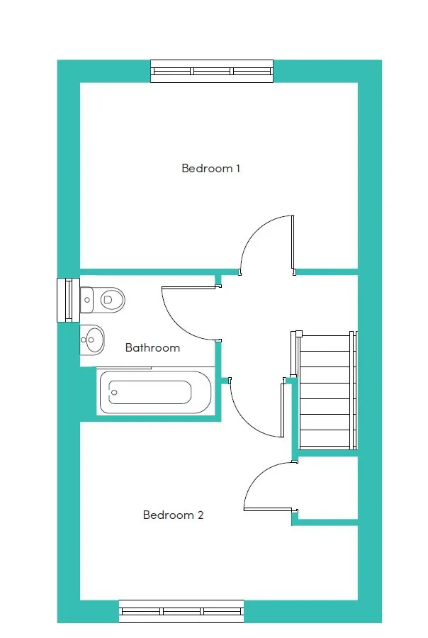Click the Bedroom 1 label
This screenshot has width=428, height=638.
coord(211,169)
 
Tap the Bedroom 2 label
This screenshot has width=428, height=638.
coord(173,515)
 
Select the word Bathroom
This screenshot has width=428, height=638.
coord(152,348)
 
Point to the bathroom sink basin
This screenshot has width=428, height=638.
coord(93,341)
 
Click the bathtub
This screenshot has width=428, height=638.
coord(155,392)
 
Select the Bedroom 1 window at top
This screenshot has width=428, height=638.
coord(212,71)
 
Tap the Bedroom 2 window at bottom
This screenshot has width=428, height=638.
coord(181,610)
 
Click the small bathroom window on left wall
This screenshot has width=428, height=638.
coord(64,300)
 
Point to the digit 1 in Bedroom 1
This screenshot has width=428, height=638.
coord(238,169)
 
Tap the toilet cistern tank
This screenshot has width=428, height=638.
coord(86,300)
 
